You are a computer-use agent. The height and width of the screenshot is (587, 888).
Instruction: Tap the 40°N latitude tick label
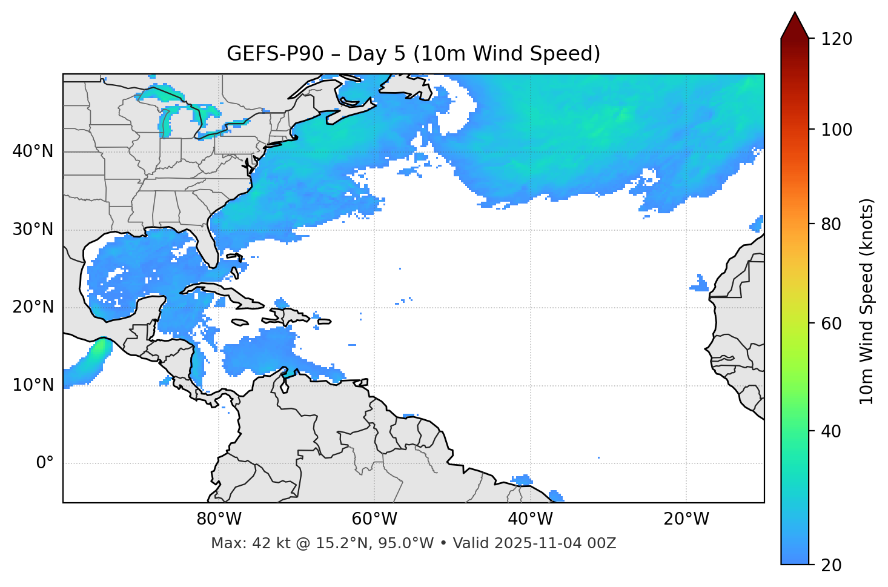tap(33, 151)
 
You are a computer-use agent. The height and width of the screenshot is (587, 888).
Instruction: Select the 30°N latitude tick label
tap(33, 230)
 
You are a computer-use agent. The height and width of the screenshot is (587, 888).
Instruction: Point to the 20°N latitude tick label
tap(33, 307)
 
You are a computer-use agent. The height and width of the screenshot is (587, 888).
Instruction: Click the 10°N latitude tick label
tap(33, 385)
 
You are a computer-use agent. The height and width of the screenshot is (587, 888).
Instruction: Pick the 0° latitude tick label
tap(44, 463)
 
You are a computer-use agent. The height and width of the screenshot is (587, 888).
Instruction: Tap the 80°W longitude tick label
tap(219, 519)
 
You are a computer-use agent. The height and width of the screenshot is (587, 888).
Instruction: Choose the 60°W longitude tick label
tap(374, 519)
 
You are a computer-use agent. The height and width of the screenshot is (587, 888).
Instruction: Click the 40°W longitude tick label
tap(530, 519)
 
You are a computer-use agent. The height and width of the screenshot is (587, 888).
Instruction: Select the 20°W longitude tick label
tap(686, 519)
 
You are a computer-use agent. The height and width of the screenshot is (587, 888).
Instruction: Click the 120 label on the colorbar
tap(837, 39)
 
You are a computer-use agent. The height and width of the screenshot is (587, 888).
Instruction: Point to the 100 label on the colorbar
tap(837, 130)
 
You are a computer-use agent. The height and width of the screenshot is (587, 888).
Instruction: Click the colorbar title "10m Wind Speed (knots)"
tap(867, 301)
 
